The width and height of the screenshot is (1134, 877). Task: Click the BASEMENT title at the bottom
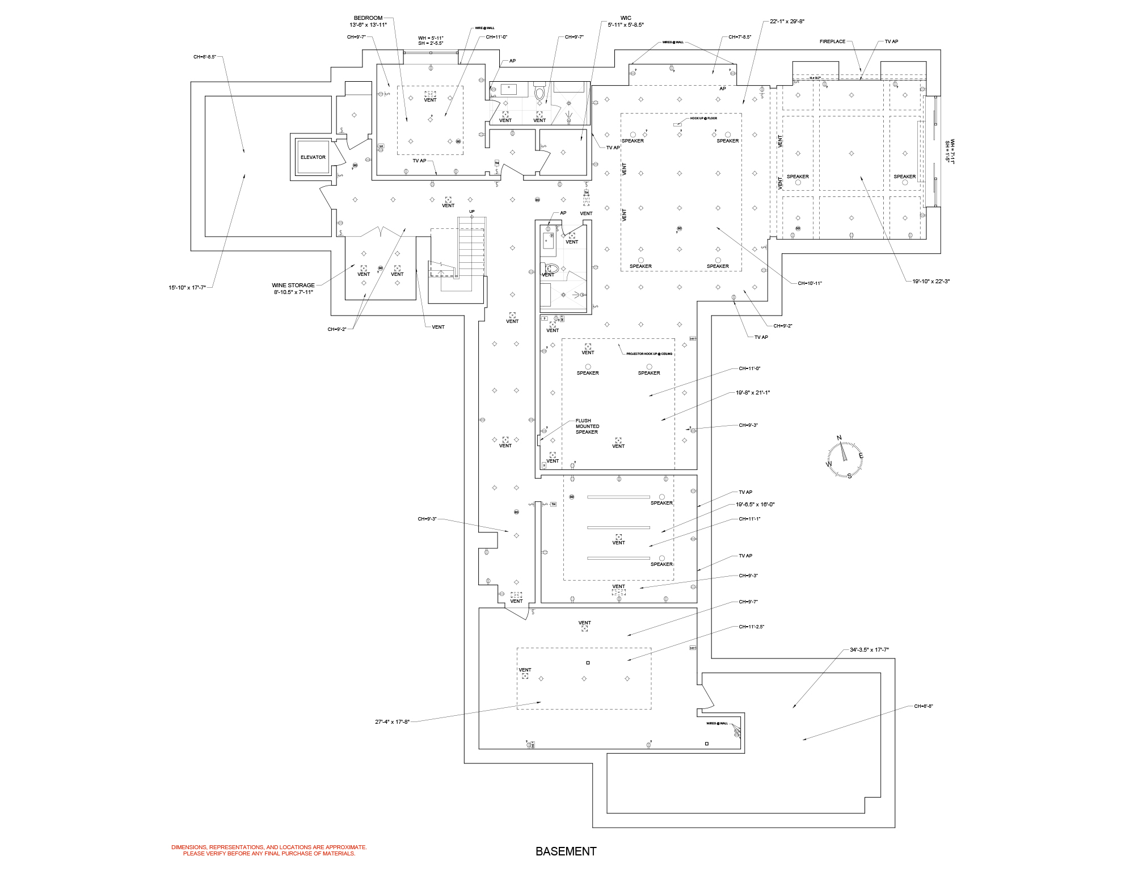566,851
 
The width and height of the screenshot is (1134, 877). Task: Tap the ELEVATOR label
313,157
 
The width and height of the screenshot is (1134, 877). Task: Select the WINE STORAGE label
293,286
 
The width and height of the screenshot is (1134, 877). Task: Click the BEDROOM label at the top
368,18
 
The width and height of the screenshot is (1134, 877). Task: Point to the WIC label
626,18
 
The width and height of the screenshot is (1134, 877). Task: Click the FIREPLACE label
832,41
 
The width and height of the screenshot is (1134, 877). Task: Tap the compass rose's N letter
840,438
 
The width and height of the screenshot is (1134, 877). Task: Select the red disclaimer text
269,850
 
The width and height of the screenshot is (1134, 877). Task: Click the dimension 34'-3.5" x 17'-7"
869,650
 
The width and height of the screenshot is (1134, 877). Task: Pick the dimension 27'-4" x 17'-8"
392,722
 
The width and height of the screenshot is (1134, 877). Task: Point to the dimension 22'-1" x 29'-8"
787,22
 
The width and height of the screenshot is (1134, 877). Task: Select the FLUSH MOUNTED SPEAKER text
587,426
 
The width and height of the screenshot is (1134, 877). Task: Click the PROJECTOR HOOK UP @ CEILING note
649,354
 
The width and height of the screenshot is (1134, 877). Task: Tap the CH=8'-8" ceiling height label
924,707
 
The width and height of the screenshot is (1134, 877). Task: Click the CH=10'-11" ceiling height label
810,283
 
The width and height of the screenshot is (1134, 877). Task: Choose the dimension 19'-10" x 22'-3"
931,282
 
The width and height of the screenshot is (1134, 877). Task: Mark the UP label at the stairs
471,212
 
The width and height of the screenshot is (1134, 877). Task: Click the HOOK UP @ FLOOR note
703,119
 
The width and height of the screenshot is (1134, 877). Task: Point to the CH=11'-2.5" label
751,627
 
